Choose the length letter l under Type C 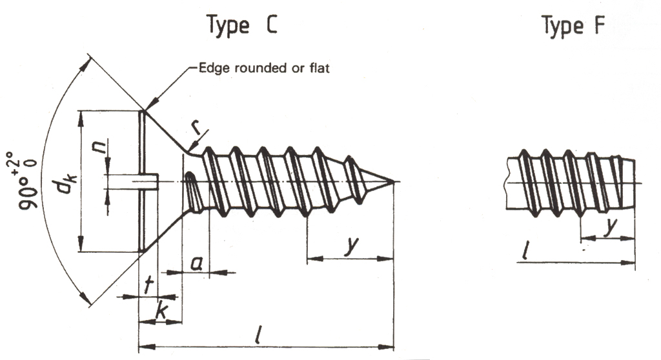258,335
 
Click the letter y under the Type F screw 609,227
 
